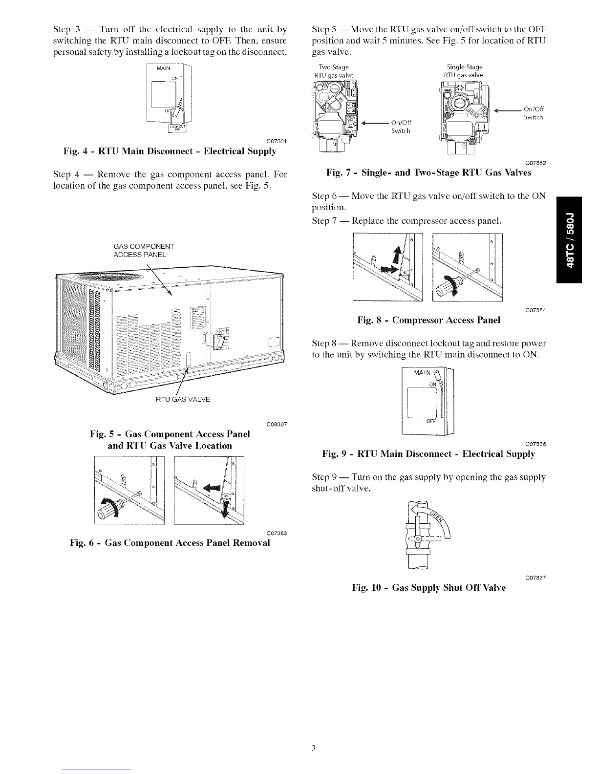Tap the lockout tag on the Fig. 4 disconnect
coord(175,129)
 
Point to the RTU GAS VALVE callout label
coord(182,399)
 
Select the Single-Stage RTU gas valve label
coord(462,71)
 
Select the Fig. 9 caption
coord(428,454)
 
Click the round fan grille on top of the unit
coord(105,277)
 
